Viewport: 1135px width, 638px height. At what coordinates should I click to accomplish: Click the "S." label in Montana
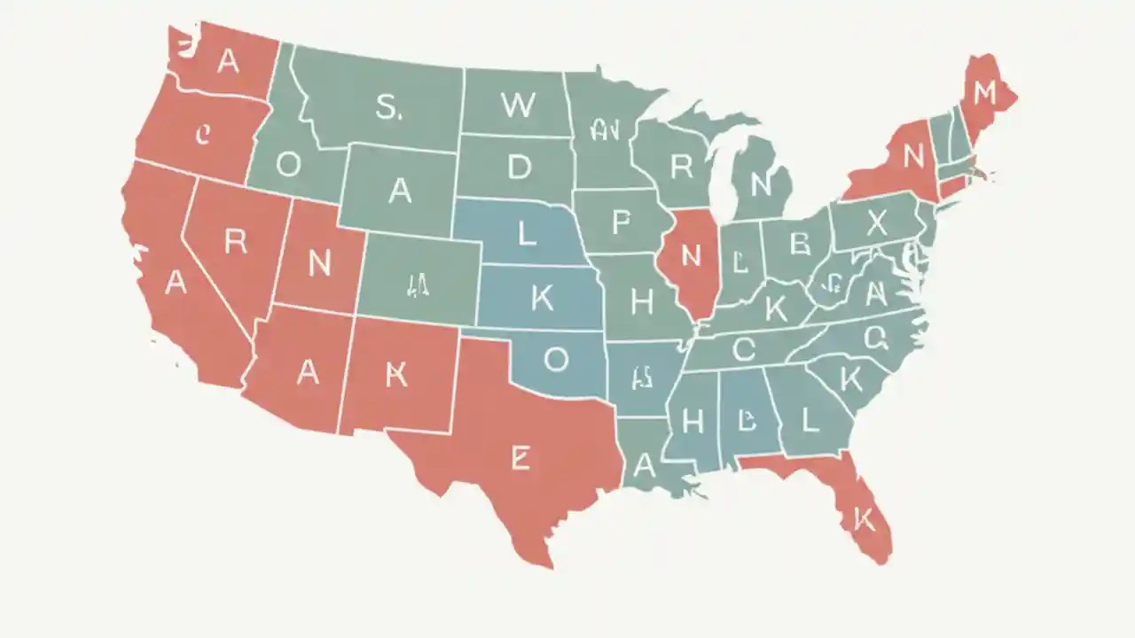point(387,107)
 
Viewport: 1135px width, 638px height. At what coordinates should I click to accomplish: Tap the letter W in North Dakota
point(518,105)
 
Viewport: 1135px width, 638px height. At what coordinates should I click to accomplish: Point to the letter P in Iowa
point(621,222)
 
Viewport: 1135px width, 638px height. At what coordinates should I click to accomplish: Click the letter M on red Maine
point(985,92)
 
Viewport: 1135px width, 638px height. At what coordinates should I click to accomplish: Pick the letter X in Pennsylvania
point(876,224)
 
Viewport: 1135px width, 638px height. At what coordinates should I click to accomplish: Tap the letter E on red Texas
point(520,458)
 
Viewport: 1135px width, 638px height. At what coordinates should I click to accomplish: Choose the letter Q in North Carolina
point(875,336)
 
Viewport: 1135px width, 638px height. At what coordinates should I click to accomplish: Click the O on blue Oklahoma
point(555,359)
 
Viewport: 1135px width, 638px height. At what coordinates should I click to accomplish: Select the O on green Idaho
point(288,164)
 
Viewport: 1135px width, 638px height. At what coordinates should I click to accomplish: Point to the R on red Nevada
point(235,242)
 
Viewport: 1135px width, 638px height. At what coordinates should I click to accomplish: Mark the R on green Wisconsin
point(681,166)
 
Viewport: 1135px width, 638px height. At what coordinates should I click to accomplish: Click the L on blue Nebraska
point(527,235)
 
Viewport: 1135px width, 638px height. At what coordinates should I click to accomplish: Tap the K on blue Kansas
point(542,300)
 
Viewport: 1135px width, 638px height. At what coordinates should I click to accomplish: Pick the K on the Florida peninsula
point(864,520)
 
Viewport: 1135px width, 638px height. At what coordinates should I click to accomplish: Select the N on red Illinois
point(691,255)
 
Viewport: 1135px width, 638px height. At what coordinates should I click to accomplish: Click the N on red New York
point(912,157)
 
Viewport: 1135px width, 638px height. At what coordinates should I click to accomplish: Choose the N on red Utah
point(319,262)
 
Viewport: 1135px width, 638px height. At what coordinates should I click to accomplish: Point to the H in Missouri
point(641,302)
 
